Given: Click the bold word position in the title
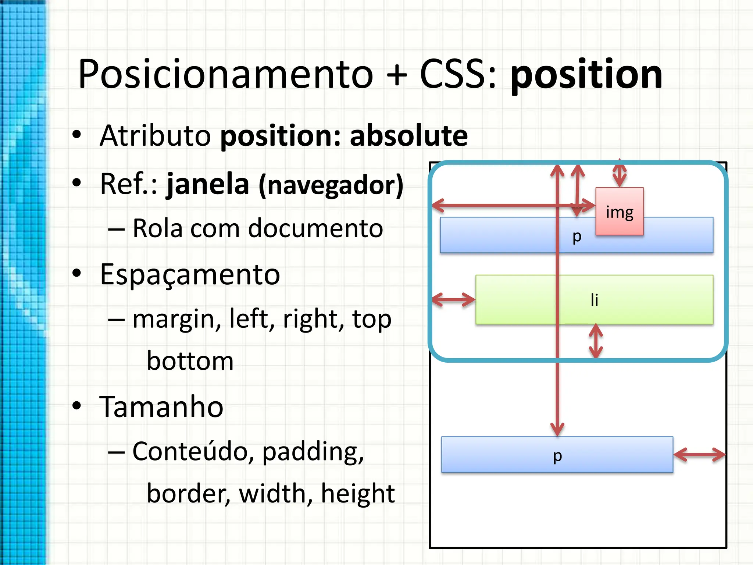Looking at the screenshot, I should pyautogui.click(x=586, y=75).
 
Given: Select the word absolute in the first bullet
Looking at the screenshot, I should pyautogui.click(x=408, y=136).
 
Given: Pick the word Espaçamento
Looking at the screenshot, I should pyautogui.click(x=190, y=274).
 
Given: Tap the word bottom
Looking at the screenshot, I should pyautogui.click(x=190, y=361).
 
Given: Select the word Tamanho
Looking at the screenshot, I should pyautogui.click(x=161, y=407).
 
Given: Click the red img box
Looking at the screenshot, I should pyautogui.click(x=620, y=211).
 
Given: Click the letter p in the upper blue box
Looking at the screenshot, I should pyautogui.click(x=577, y=237).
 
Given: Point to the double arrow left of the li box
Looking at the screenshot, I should pyautogui.click(x=454, y=299).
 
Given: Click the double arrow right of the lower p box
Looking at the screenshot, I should pyautogui.click(x=699, y=455).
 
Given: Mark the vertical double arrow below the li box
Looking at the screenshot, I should pyautogui.click(x=596, y=341).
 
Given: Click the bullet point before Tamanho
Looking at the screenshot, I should pyautogui.click(x=76, y=406).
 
